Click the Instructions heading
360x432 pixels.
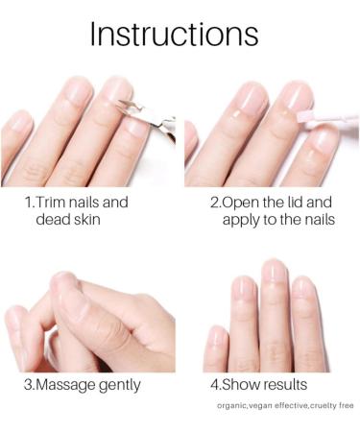coord(174,34)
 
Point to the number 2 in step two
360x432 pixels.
coord(214,204)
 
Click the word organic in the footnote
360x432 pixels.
coord(233,406)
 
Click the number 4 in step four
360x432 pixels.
coord(214,386)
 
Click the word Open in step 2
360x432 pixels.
coord(244,204)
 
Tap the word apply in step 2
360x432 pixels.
coord(242,221)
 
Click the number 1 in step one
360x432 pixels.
coord(28,204)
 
